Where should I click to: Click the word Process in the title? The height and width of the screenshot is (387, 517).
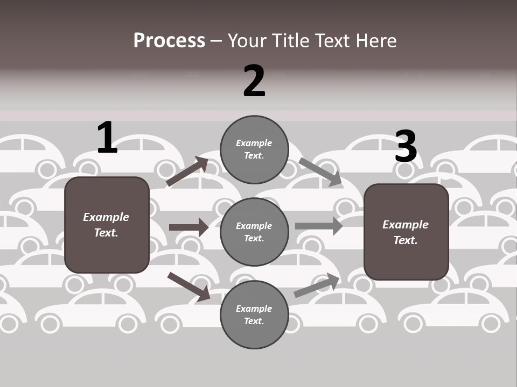(x=169, y=41)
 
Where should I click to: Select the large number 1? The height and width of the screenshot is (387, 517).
(x=107, y=138)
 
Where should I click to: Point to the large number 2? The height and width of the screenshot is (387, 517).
(x=254, y=81)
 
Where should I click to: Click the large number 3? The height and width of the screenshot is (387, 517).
(x=406, y=147)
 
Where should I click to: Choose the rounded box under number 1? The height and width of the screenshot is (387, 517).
(x=107, y=225)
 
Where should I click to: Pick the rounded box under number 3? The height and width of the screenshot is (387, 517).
(x=406, y=232)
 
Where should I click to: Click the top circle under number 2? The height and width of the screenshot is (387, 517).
(x=254, y=149)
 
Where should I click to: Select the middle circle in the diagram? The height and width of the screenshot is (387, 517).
(x=254, y=232)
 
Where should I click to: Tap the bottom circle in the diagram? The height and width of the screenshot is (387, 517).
(x=254, y=314)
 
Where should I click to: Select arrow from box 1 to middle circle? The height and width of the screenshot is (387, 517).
(x=188, y=227)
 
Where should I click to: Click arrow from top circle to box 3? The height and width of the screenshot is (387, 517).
(x=320, y=171)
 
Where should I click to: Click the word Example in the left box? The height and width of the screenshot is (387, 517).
(x=106, y=217)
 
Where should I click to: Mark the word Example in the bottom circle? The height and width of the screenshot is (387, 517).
(x=254, y=309)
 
